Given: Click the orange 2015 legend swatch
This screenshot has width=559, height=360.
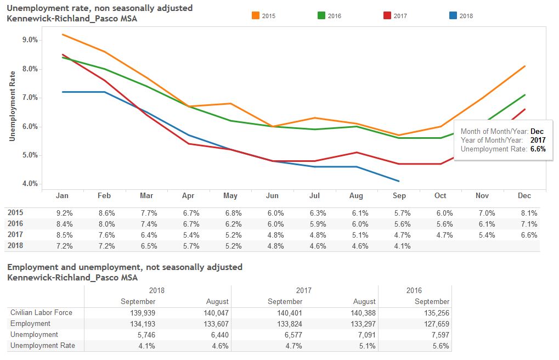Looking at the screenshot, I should pyautogui.click(x=256, y=15).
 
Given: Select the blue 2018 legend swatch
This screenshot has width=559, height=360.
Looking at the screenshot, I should pyautogui.click(x=453, y=15).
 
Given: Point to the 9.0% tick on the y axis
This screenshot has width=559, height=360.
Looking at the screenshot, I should pyautogui.click(x=30, y=40).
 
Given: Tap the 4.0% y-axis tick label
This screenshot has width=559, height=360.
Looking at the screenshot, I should pyautogui.click(x=30, y=184).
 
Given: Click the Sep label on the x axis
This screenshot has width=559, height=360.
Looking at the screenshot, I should pyautogui.click(x=399, y=196).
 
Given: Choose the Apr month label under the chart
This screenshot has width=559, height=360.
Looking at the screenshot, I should pyautogui.click(x=188, y=196).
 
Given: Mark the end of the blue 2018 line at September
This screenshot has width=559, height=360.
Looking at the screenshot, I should pyautogui.click(x=399, y=181).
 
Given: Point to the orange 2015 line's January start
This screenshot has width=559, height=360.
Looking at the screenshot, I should pyautogui.click(x=62, y=35).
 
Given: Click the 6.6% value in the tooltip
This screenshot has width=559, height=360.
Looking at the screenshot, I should pyautogui.click(x=538, y=149).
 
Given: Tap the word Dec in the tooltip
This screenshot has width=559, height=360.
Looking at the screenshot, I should pyautogui.click(x=537, y=132).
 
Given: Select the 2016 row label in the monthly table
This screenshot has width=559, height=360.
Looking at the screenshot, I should pyautogui.click(x=16, y=224).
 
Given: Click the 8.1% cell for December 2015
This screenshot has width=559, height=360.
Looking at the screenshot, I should pyautogui.click(x=529, y=213).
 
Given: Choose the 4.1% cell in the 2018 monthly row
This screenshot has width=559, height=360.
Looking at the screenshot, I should pyautogui.click(x=402, y=246).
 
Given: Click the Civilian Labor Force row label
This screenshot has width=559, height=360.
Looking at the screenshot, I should pyautogui.click(x=41, y=313).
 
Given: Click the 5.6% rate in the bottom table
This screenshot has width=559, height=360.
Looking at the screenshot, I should pyautogui.click(x=441, y=346).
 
